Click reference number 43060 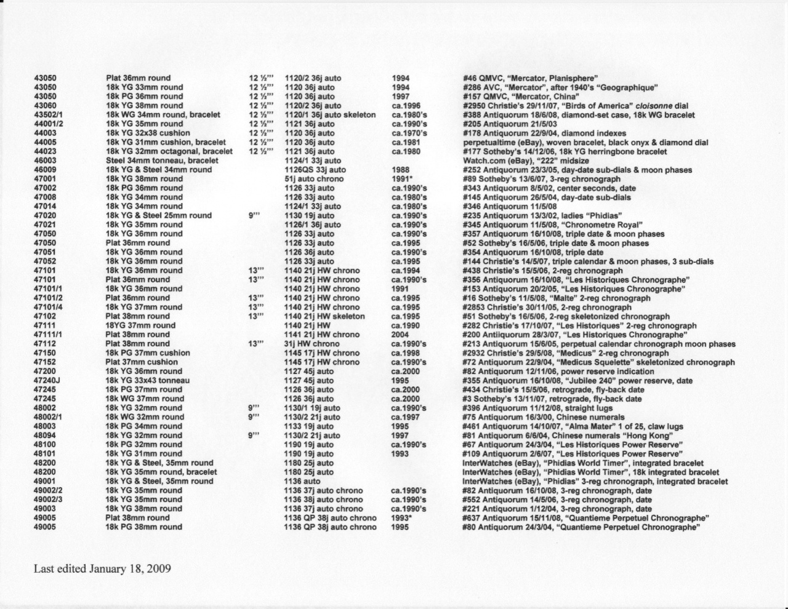(45, 106)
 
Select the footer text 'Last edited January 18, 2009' (102, 568)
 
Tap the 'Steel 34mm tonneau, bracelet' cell (162, 161)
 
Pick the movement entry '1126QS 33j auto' (315, 170)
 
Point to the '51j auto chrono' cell (314, 179)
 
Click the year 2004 (400, 335)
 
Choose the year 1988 (400, 170)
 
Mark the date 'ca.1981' (406, 143)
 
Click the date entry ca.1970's (409, 133)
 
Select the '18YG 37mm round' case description (140, 325)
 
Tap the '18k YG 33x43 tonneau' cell (148, 380)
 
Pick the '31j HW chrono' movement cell (312, 344)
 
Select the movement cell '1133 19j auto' (309, 426)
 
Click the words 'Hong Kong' (650, 436)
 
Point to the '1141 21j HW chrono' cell (322, 335)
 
